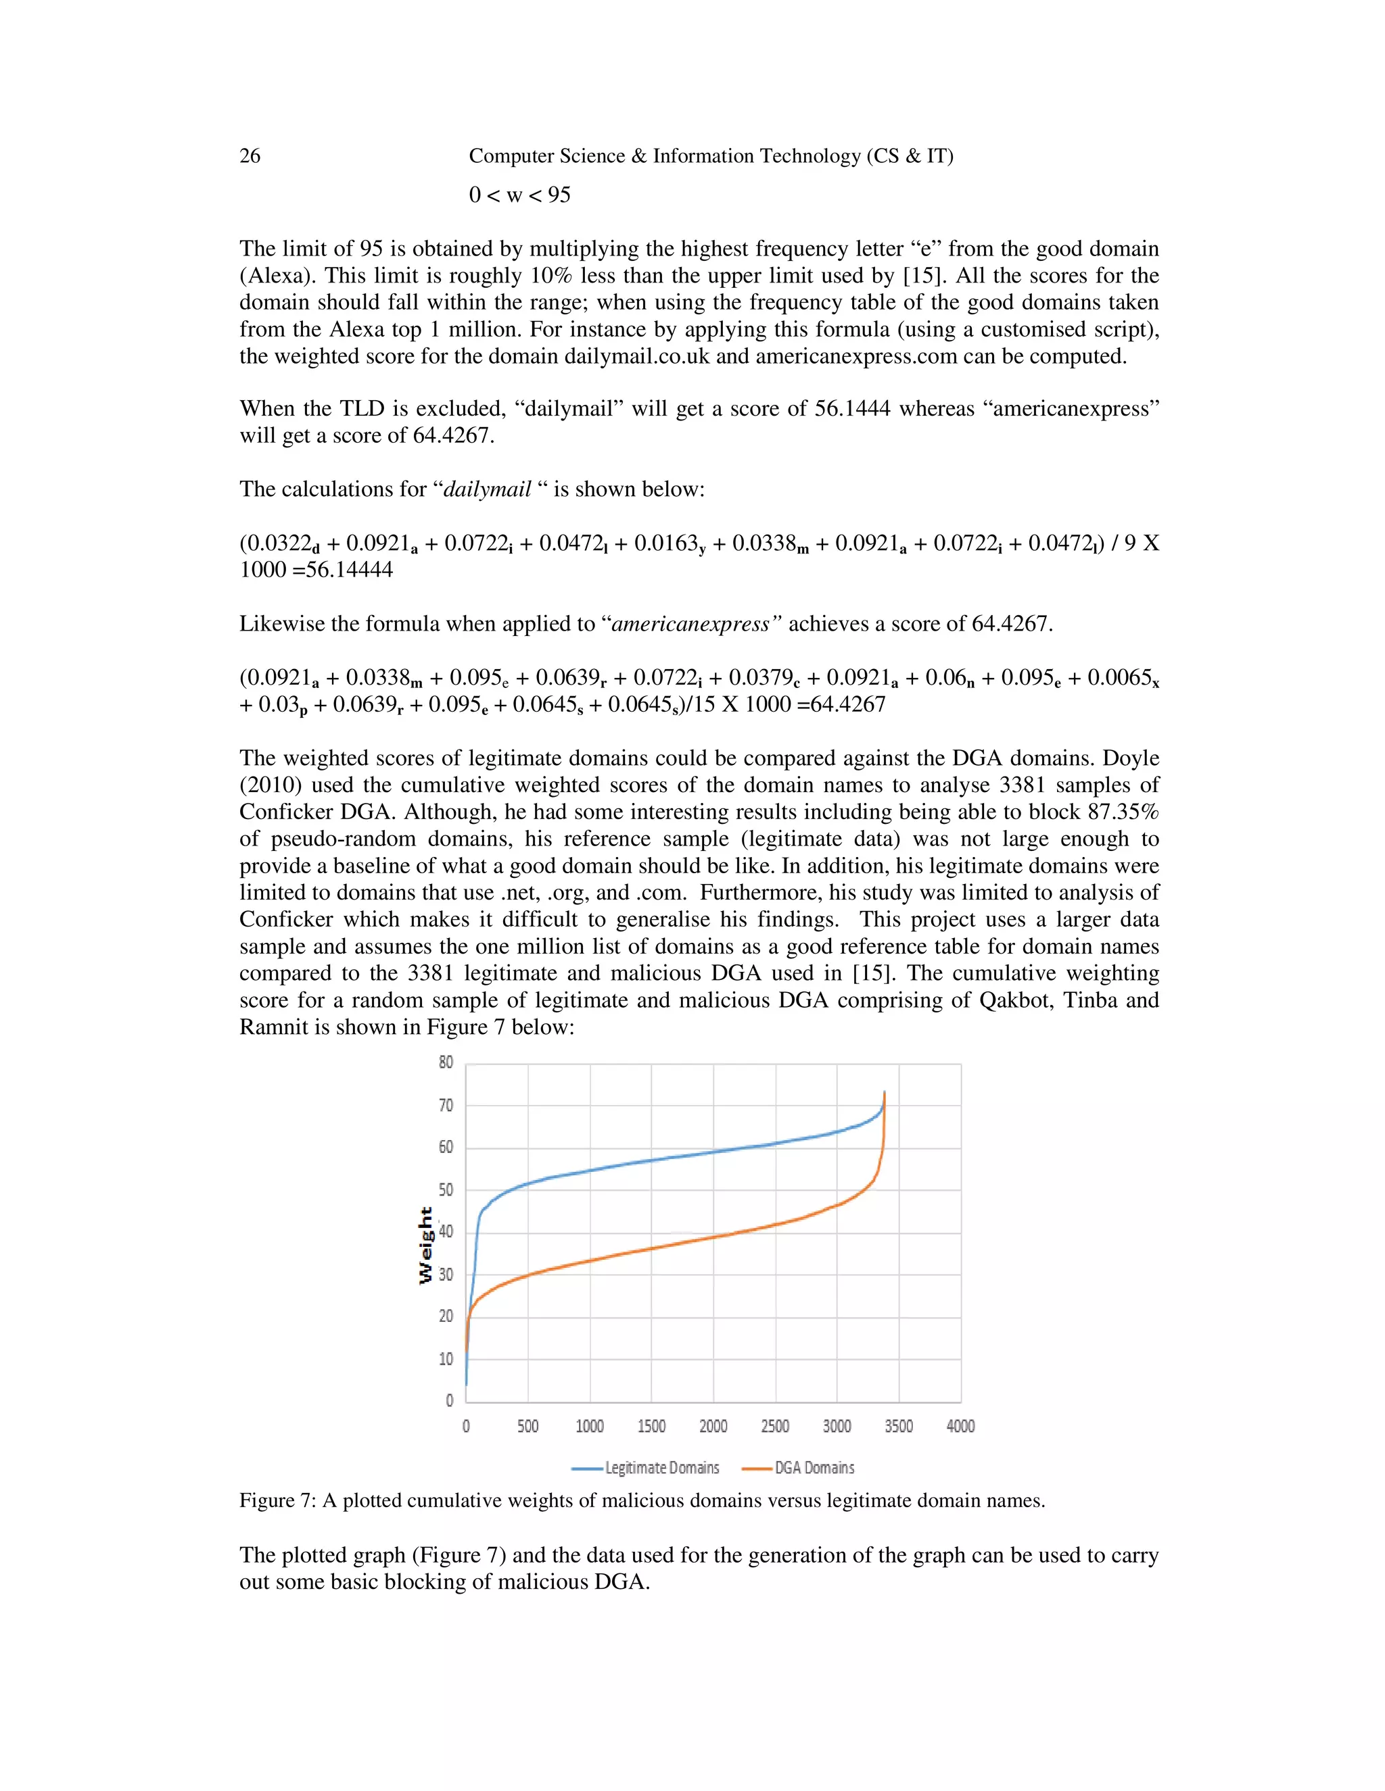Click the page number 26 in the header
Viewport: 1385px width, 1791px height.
(250, 156)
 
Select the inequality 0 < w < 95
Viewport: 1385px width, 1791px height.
(519, 195)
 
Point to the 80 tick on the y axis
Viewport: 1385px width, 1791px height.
(446, 1063)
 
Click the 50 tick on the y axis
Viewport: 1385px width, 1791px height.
(446, 1190)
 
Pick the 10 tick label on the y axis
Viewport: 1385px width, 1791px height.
(446, 1360)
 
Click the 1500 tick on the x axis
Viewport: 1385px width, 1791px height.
(651, 1426)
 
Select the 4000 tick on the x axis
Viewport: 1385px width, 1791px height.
(960, 1426)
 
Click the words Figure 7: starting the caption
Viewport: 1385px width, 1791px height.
(277, 1500)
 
